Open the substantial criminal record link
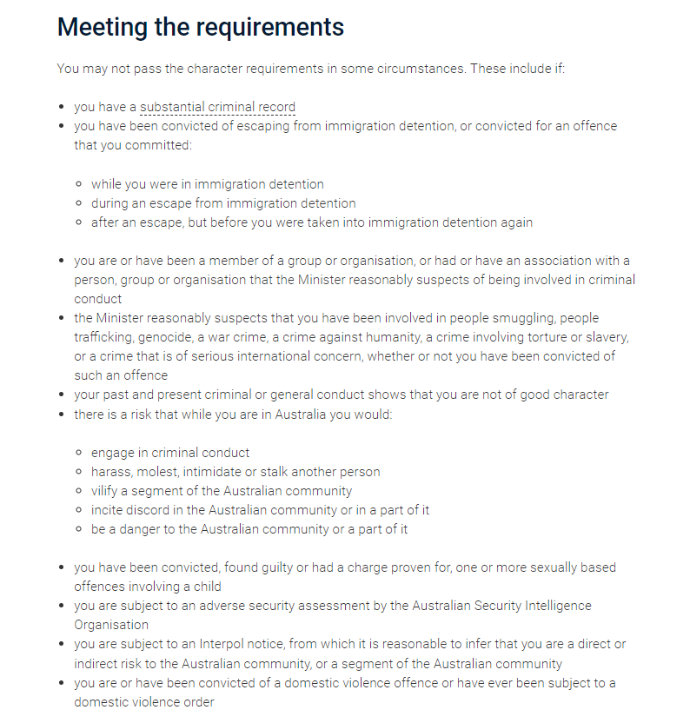tap(217, 107)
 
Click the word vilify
tap(106, 491)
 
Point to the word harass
tap(110, 472)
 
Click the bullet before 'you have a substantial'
tap(62, 108)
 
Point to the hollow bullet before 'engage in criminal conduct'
tap(79, 453)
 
